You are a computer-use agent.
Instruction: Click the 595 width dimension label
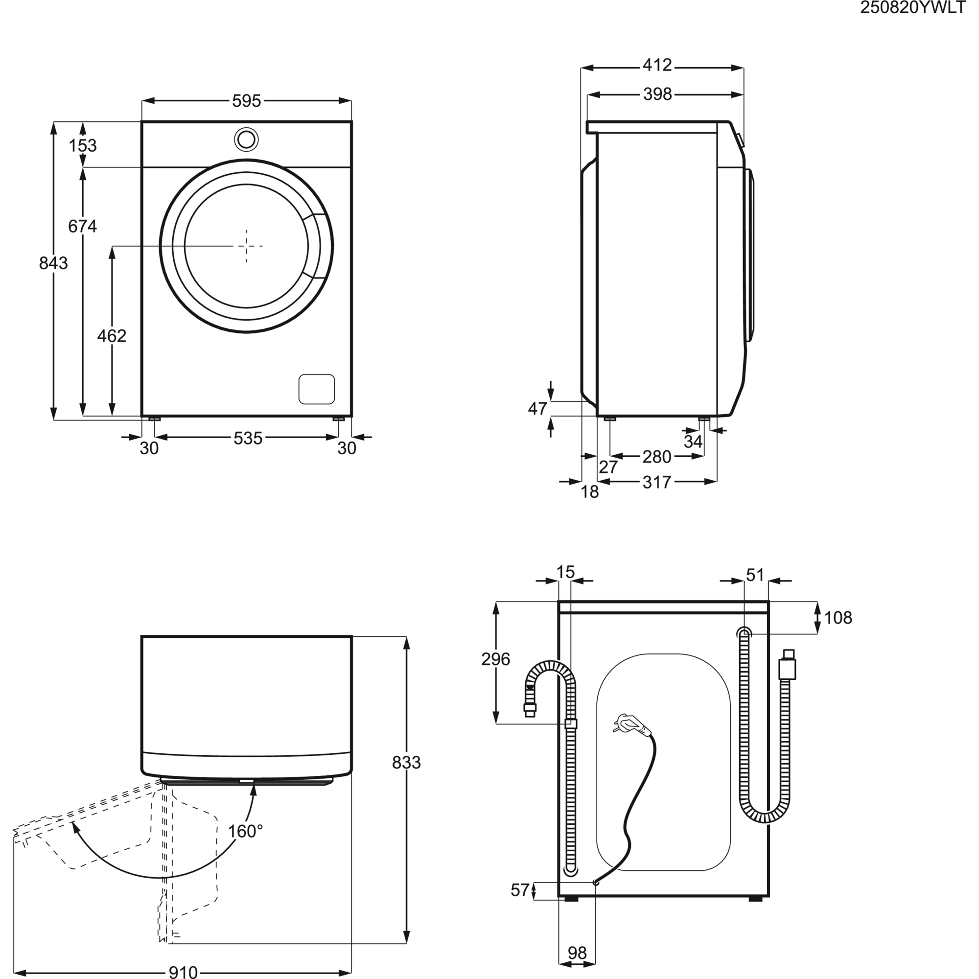point(247,101)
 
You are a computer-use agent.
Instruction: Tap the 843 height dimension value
point(53,263)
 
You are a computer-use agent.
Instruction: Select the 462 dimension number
point(112,335)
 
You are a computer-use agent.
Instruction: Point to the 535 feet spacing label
point(248,438)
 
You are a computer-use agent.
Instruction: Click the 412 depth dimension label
point(657,65)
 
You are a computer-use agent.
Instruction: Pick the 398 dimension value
point(657,94)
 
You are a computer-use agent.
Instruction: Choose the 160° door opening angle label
point(245,831)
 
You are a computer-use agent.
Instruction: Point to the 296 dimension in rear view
point(495,659)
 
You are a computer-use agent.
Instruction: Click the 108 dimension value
point(838,618)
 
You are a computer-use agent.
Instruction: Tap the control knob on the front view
point(247,140)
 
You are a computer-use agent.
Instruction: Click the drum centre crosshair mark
point(247,246)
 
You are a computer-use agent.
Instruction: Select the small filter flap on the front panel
point(317,389)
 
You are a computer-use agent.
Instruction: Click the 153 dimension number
point(83,145)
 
